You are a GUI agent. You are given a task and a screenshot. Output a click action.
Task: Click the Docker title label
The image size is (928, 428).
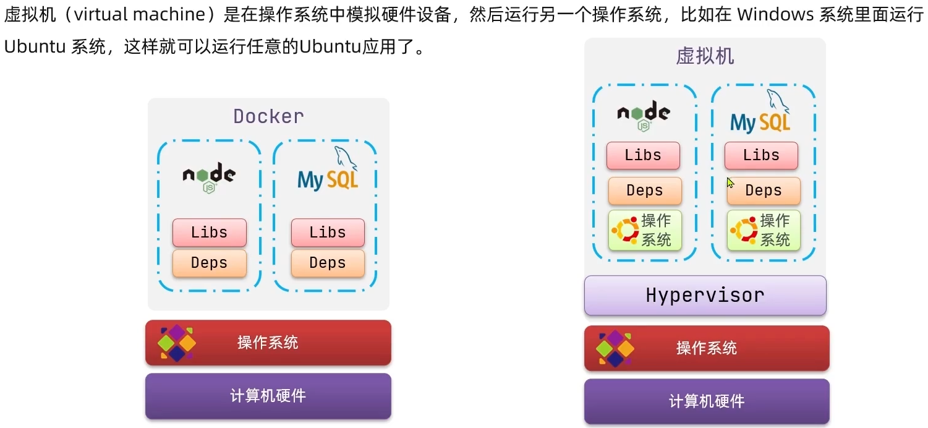click(x=268, y=116)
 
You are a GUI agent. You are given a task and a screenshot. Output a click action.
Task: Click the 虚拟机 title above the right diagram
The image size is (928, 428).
click(x=705, y=56)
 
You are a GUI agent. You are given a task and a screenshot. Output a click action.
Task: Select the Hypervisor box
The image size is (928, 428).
click(x=705, y=295)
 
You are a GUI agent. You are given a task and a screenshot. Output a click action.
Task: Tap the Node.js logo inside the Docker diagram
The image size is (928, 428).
click(x=209, y=176)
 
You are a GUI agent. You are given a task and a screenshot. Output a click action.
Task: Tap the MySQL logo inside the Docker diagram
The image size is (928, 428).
click(x=327, y=173)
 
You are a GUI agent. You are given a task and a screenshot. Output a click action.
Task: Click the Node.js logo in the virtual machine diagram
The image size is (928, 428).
click(x=644, y=114)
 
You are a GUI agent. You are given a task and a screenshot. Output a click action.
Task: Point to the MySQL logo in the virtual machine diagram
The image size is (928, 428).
click(x=760, y=114)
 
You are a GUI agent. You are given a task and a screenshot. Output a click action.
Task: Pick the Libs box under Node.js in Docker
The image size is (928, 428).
click(x=209, y=233)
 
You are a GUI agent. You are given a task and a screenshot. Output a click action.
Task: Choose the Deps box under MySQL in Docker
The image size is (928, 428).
click(x=327, y=263)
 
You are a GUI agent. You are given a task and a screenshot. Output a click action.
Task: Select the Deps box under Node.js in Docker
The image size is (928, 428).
click(x=209, y=263)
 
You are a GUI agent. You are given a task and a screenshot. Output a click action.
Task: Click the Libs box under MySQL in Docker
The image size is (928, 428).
click(x=327, y=233)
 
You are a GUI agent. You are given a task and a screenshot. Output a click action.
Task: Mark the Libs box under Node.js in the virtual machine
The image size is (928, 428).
click(x=643, y=155)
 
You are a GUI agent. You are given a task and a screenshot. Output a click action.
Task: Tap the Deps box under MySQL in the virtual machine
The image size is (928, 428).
click(x=764, y=191)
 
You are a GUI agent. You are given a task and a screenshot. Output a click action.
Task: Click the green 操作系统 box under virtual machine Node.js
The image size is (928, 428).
click(x=645, y=230)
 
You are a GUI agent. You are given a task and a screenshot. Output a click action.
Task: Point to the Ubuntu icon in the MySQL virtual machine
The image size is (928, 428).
click(x=744, y=231)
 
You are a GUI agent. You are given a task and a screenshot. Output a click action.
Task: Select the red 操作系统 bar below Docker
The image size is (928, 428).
click(x=268, y=343)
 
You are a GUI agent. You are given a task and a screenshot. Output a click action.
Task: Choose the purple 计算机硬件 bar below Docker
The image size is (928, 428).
click(x=268, y=396)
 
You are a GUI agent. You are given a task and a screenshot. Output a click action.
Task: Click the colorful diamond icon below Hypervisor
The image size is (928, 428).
click(x=615, y=348)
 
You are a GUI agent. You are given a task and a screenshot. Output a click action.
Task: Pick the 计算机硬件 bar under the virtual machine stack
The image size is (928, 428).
click(x=706, y=401)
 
